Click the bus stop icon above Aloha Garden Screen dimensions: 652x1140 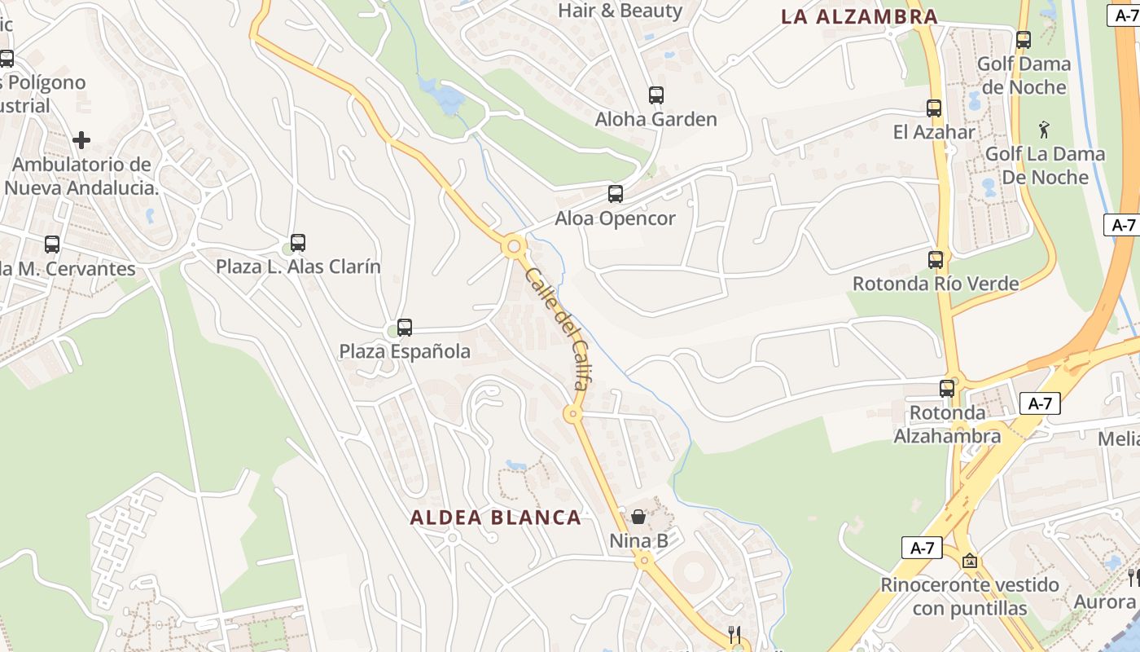pos(656,95)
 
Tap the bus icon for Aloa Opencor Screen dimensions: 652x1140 pos(616,194)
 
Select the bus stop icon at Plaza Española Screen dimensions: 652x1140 pos(405,328)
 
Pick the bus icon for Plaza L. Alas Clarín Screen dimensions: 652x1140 pos(298,243)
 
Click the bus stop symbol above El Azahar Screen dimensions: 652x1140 pos(934,108)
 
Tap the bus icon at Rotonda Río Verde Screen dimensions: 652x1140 pos(936,260)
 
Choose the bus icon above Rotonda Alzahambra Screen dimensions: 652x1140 pos(947,389)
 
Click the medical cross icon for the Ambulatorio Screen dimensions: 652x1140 pos(81,140)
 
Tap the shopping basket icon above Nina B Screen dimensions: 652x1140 pos(638,517)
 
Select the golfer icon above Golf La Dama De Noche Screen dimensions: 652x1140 pos(1045,129)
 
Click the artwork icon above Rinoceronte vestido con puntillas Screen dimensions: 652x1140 pos(969,561)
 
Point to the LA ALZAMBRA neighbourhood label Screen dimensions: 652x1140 pos(859,16)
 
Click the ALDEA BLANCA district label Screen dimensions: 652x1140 pos(495,517)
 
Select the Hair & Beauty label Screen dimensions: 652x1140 pos(620,11)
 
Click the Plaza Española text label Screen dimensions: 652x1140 pos(405,351)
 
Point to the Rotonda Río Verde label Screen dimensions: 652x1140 pos(936,284)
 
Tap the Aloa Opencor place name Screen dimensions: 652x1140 pos(616,218)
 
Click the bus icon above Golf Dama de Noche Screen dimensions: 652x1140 pos(1024,39)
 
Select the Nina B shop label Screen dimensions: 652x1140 pos(638,540)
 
